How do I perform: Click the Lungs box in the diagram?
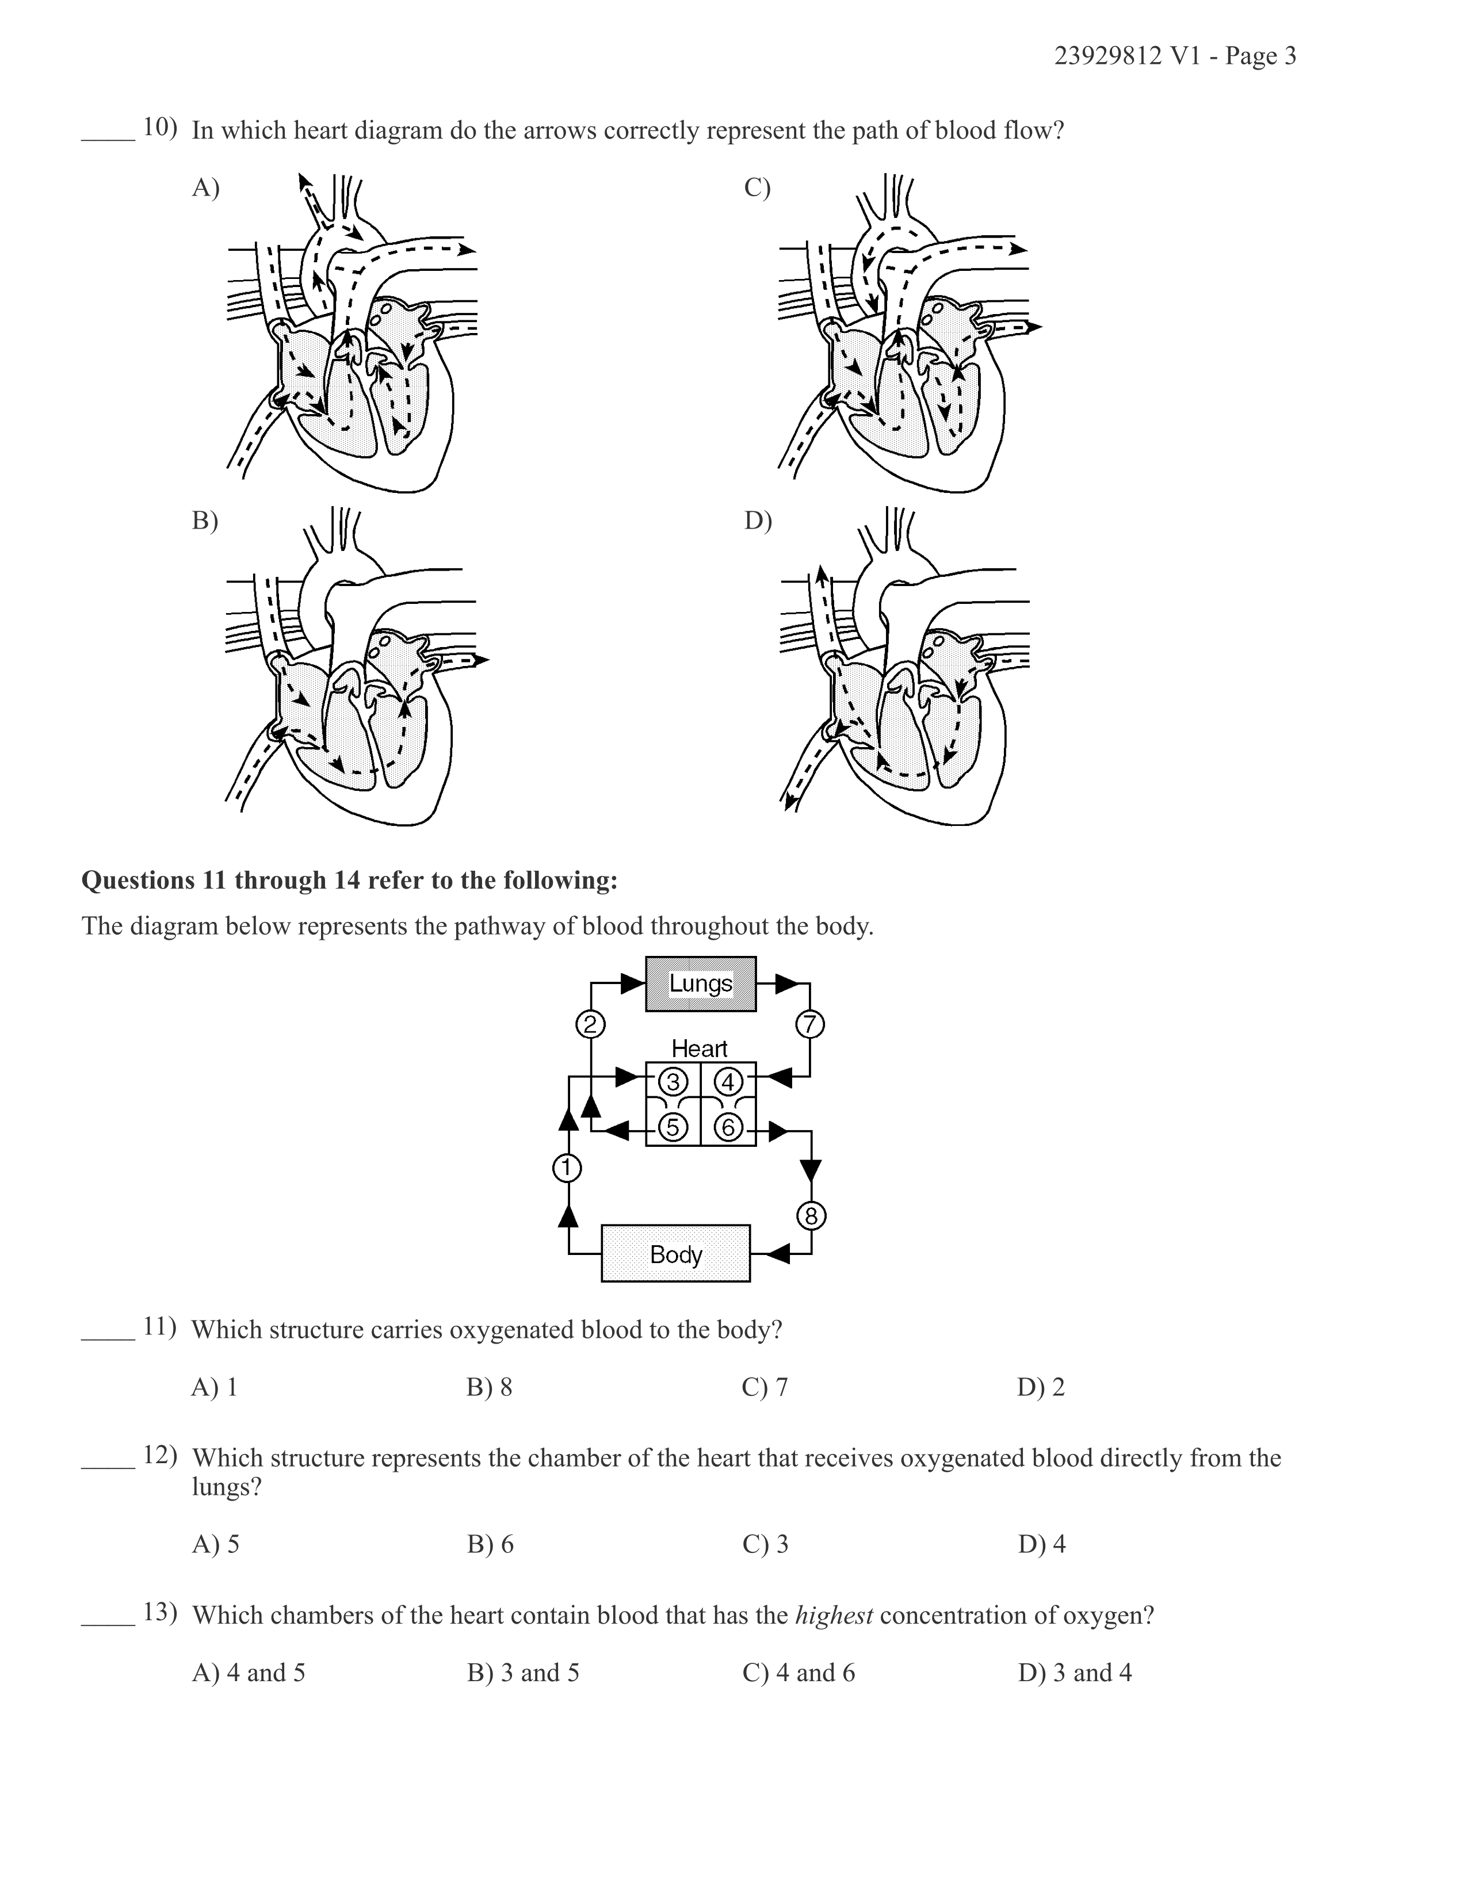point(701,984)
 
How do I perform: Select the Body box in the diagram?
point(675,1253)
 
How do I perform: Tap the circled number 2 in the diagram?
point(590,1024)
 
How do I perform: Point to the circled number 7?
point(810,1024)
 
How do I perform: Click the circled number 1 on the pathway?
point(567,1168)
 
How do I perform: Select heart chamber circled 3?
point(673,1082)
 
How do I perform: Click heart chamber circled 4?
point(728,1082)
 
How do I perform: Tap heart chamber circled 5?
point(673,1127)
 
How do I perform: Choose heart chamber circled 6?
point(728,1127)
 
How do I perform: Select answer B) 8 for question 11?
point(490,1387)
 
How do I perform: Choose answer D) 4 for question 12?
point(1041,1544)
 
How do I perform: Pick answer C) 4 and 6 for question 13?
point(799,1673)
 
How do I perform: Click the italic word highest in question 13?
point(834,1616)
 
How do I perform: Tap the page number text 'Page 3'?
point(1261,56)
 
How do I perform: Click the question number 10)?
point(160,127)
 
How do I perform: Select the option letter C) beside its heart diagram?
point(758,187)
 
